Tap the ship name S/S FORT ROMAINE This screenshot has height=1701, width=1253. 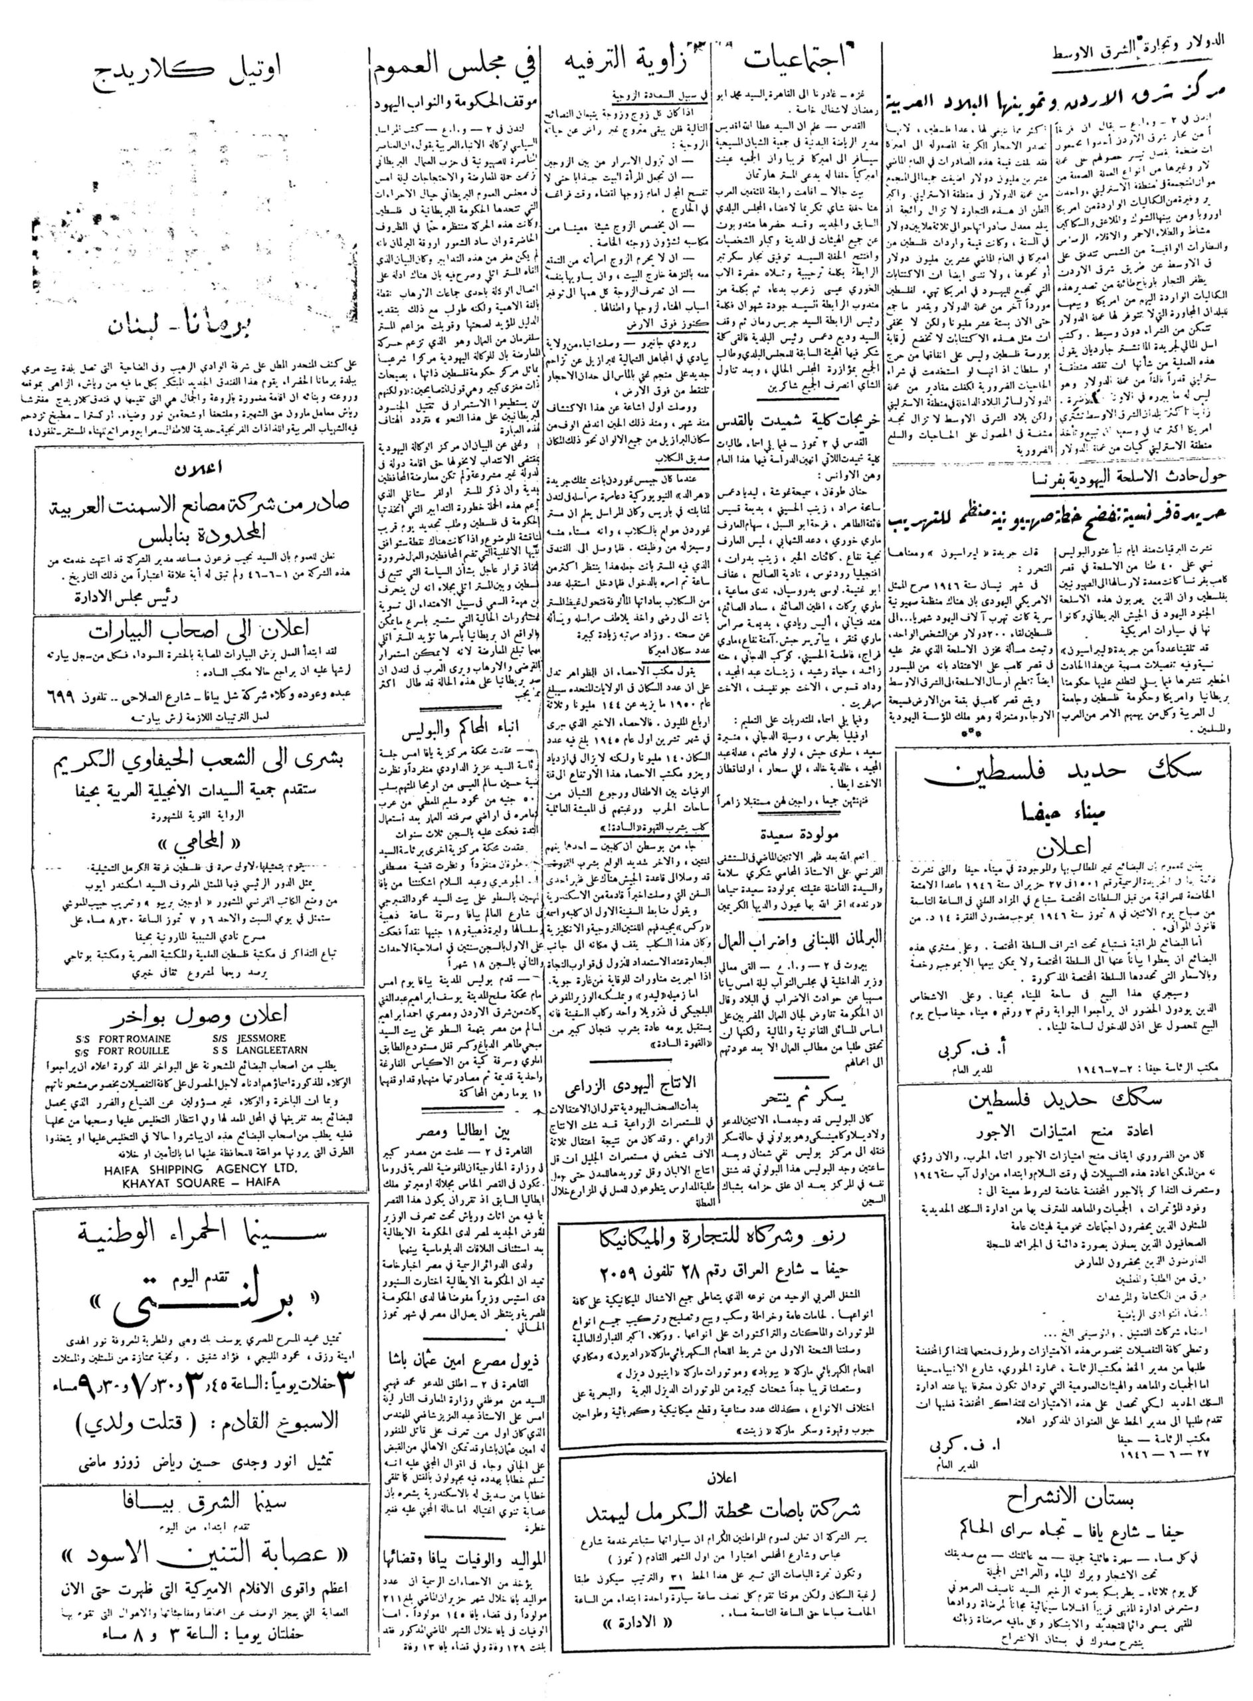124,1038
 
